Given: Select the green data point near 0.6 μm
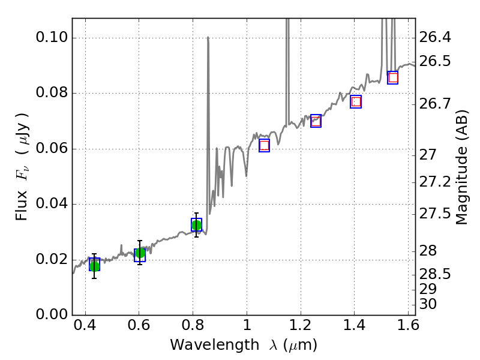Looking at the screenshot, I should point(140,253).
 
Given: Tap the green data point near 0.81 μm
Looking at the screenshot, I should point(196,225).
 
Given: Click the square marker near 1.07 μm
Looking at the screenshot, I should point(264,145).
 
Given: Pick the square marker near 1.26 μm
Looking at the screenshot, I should point(316,121).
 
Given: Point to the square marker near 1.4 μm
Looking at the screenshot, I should point(356,101).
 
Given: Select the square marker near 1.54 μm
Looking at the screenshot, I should point(393,77).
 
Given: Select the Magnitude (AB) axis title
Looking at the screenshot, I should point(461,175).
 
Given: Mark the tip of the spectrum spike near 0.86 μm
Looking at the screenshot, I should point(208,37).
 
